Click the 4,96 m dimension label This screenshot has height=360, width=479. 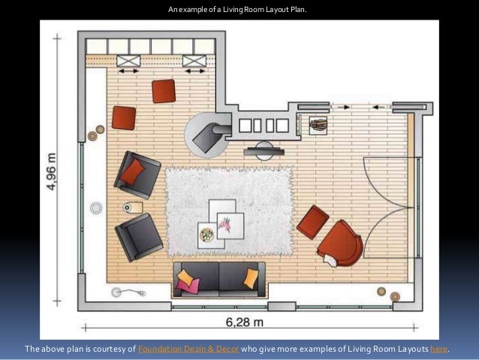coord(52,171)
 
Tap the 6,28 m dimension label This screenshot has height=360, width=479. coord(245,322)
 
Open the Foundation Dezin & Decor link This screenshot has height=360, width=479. coord(188,349)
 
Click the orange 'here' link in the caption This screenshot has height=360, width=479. coord(439,349)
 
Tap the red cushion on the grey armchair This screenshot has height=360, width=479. coord(132,172)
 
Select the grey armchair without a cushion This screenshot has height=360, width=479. coord(139,237)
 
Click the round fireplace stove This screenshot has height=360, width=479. coord(208,135)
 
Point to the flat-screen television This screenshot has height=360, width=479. coord(264,151)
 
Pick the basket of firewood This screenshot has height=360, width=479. coord(318,126)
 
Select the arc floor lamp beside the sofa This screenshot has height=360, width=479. coord(128,292)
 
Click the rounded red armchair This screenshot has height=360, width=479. coord(341,243)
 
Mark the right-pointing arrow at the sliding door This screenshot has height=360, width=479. coord(346,107)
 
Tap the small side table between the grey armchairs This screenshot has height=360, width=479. coord(133,207)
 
